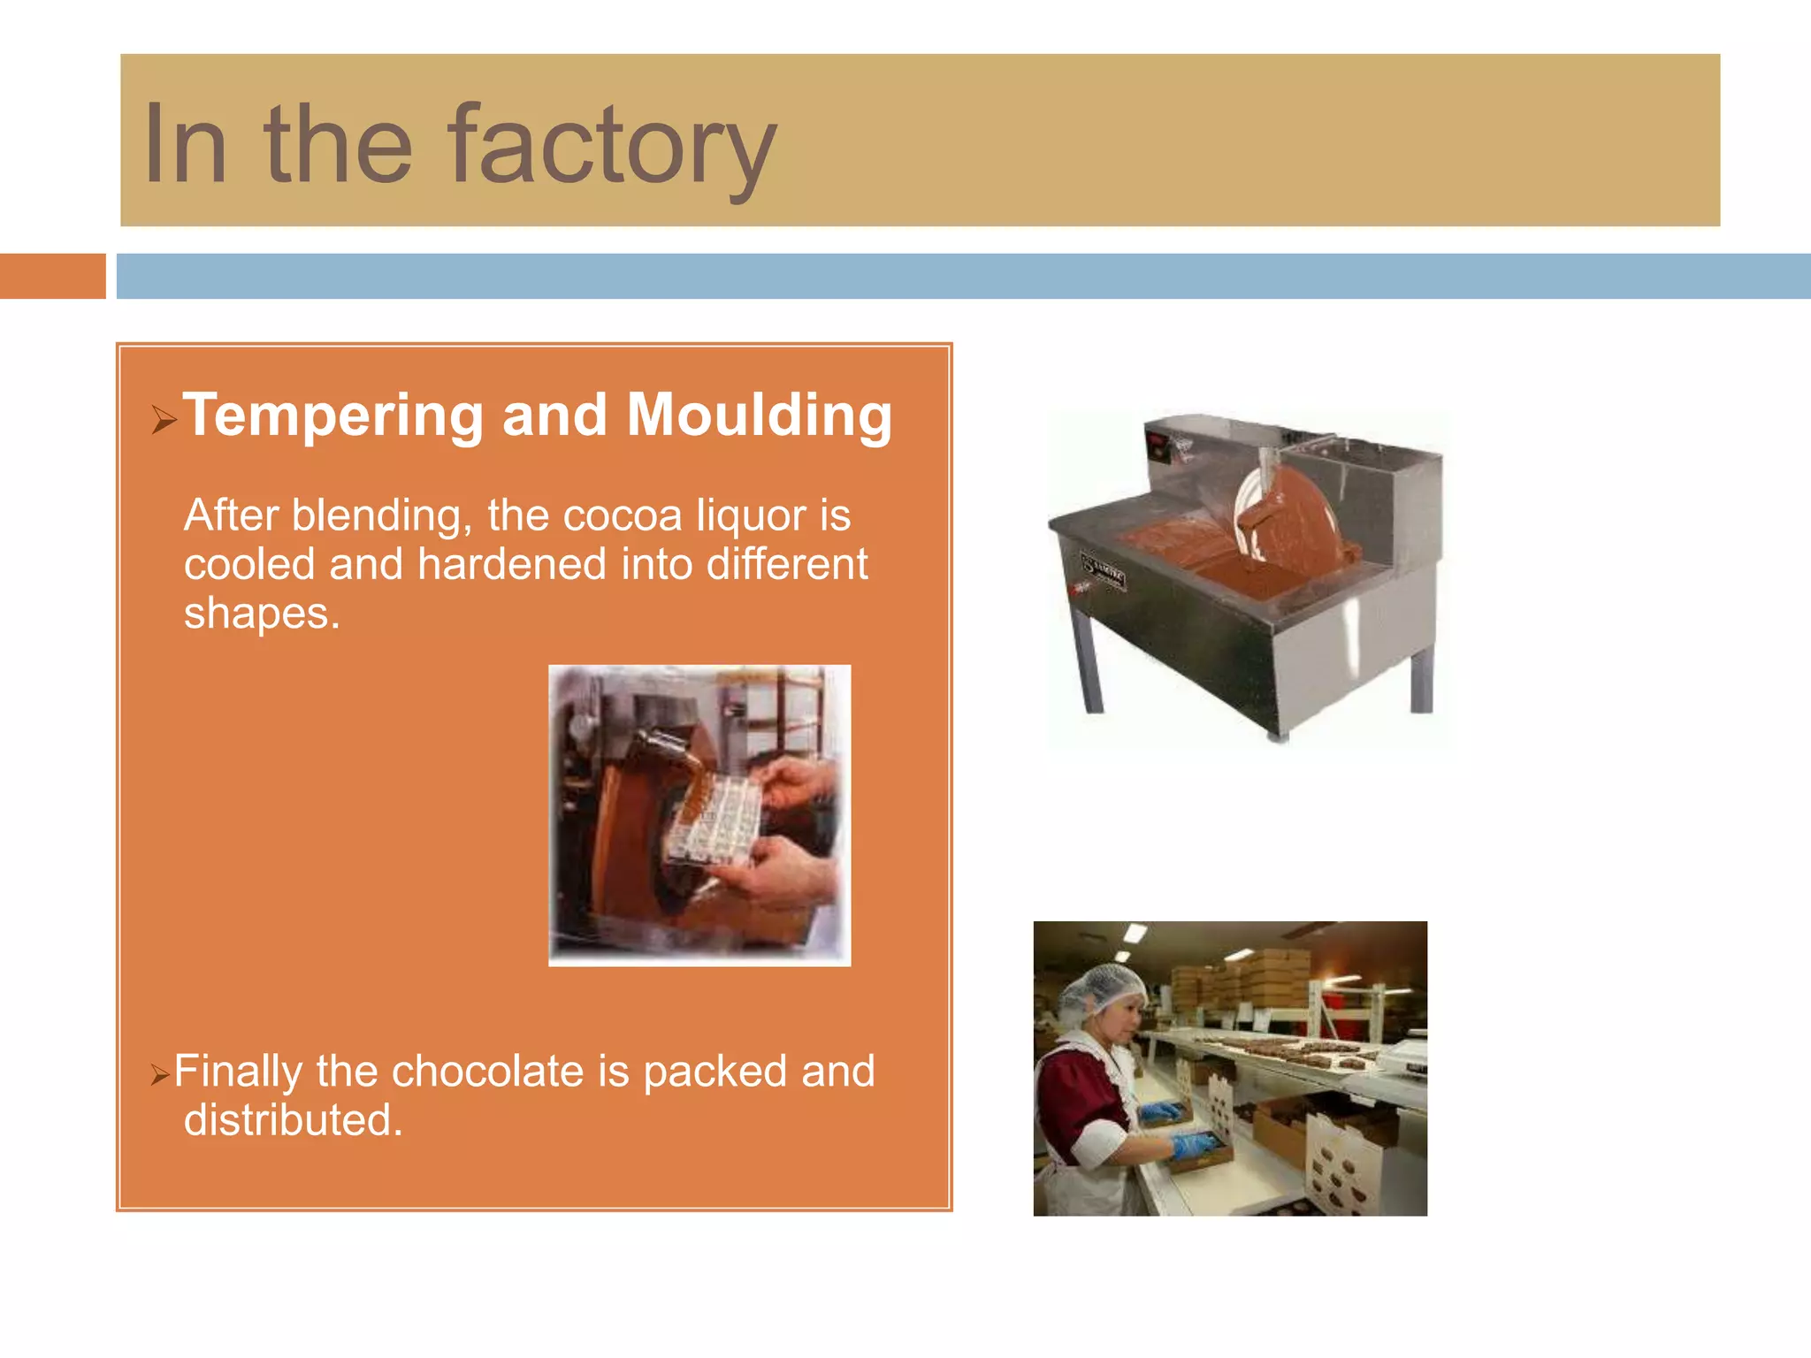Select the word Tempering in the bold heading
[332, 416]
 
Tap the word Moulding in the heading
[759, 416]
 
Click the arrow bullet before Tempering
[163, 419]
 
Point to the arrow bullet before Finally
[159, 1075]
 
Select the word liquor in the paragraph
[750, 515]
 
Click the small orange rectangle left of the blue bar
[52, 276]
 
